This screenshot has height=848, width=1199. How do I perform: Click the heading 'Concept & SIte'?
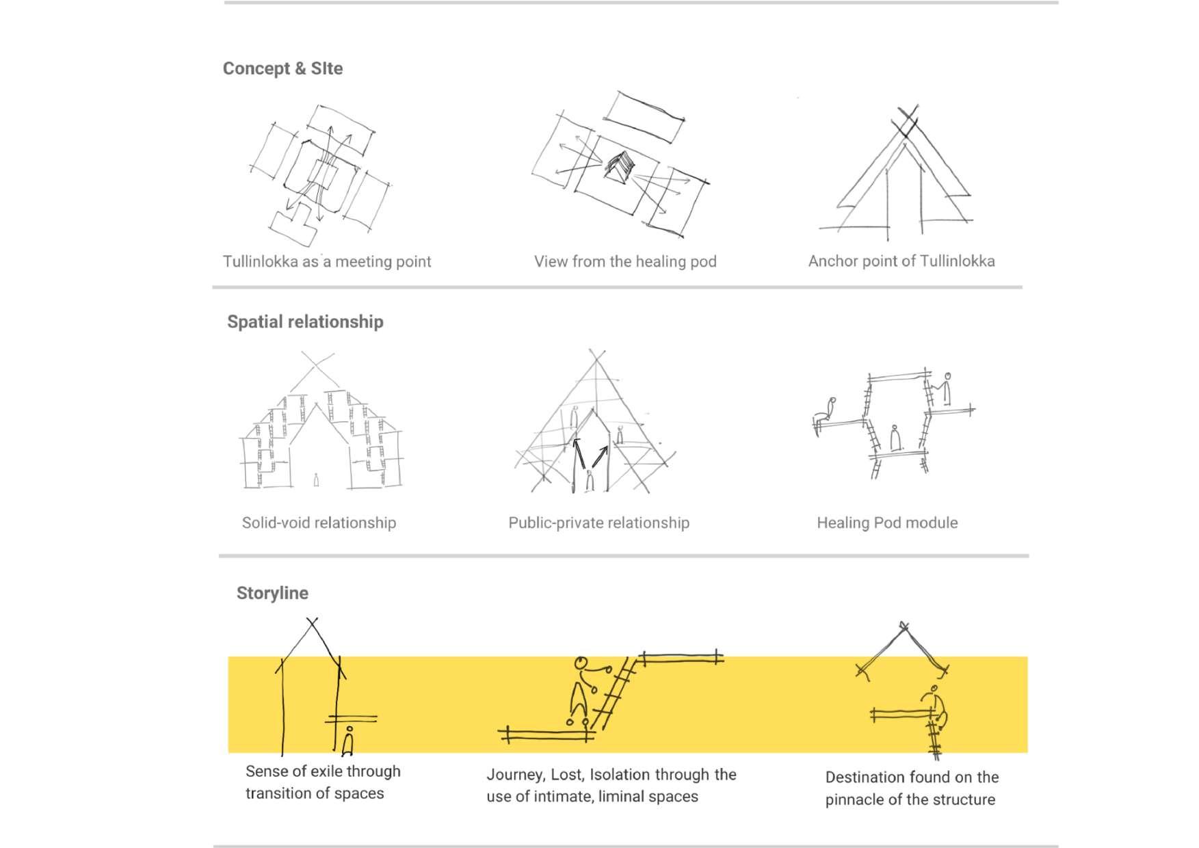click(x=282, y=68)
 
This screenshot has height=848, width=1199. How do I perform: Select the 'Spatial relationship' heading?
click(x=305, y=321)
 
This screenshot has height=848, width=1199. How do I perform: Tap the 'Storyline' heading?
click(x=272, y=593)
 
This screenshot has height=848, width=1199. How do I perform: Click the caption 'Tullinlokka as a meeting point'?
click(x=327, y=261)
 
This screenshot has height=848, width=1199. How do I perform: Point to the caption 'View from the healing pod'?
click(x=625, y=261)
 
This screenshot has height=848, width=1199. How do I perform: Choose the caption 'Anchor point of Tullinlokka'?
click(x=901, y=261)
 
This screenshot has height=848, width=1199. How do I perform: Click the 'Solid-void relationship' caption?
click(x=319, y=523)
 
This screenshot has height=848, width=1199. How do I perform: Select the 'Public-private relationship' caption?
click(x=598, y=523)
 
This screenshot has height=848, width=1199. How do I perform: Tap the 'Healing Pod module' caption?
click(x=887, y=523)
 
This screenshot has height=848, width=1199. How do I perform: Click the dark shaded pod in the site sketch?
click(x=620, y=166)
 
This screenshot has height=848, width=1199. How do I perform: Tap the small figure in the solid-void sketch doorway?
click(x=316, y=479)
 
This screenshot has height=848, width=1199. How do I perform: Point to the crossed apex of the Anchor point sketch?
click(x=906, y=124)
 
